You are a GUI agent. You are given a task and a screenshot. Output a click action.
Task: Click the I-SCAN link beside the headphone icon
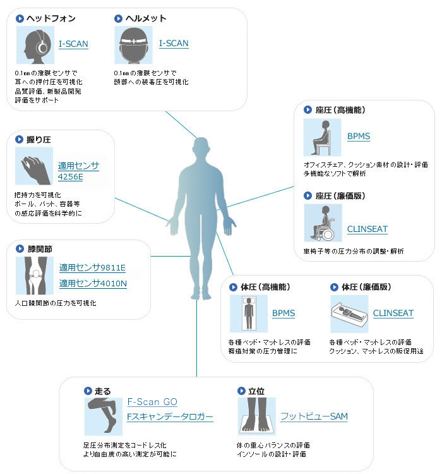tap(73, 44)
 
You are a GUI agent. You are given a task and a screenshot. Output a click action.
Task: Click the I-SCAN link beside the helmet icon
tap(174, 44)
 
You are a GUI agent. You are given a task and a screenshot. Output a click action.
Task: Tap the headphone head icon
tap(35, 45)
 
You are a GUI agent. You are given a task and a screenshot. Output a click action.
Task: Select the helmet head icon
tap(134, 45)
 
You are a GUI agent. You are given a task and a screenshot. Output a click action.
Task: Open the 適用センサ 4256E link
tap(78, 171)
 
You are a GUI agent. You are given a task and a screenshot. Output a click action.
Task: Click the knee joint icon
tap(33, 276)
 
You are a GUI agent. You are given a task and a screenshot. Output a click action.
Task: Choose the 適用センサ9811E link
tap(93, 267)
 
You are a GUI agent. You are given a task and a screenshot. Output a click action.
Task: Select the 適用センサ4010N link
tap(93, 283)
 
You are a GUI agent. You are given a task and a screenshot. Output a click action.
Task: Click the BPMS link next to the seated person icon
tap(359, 136)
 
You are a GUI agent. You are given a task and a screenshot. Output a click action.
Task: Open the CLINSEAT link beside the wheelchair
tap(367, 229)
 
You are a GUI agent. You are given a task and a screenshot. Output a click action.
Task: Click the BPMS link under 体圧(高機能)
tap(284, 313)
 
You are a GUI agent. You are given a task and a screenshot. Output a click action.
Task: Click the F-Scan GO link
tap(152, 402)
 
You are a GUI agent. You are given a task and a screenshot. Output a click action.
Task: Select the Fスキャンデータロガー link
tap(170, 417)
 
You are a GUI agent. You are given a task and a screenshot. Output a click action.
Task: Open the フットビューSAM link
tap(314, 416)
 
